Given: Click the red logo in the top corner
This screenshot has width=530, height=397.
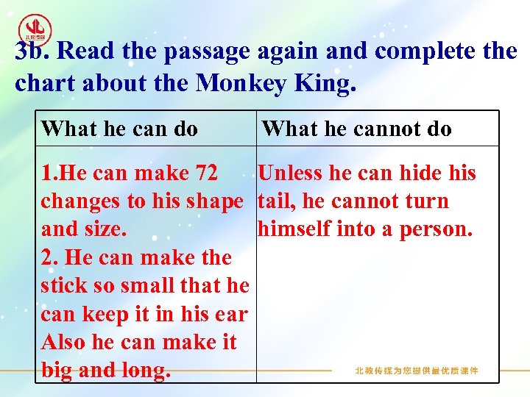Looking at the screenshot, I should tap(35, 29).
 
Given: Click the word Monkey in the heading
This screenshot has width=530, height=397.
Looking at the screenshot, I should tap(237, 83).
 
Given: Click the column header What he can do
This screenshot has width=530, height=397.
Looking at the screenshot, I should tap(120, 129).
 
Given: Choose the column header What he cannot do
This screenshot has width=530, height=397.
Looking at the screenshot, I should tap(357, 129).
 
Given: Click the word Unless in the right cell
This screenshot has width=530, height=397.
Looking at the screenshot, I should tap(291, 174).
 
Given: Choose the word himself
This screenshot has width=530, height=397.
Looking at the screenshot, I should tap(294, 229).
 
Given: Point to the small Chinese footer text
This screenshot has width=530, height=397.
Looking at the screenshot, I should tap(417, 371).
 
